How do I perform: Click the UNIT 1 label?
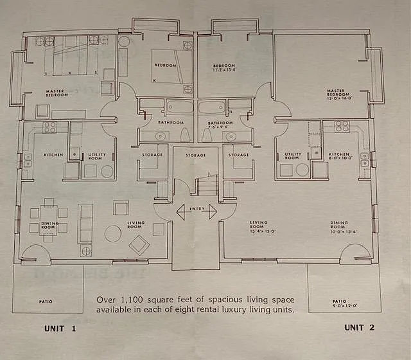pyautogui.click(x=60, y=328)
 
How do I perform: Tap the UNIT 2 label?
pyautogui.click(x=359, y=327)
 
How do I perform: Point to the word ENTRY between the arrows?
pyautogui.click(x=196, y=209)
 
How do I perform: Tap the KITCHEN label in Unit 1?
pyautogui.click(x=53, y=155)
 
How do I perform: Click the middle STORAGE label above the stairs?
pyautogui.click(x=196, y=155)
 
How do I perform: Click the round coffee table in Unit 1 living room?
pyautogui.click(x=113, y=234)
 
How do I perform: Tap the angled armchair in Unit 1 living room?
pyautogui.click(x=139, y=245)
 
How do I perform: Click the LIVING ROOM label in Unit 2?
pyautogui.click(x=258, y=226)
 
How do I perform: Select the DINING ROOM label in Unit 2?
pyautogui.click(x=339, y=226)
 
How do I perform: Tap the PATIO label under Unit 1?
pyautogui.click(x=45, y=301)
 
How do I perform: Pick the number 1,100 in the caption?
pyautogui.click(x=133, y=300)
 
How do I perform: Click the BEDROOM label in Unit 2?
pyautogui.click(x=225, y=67)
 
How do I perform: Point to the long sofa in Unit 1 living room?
pyautogui.click(x=85, y=223)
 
